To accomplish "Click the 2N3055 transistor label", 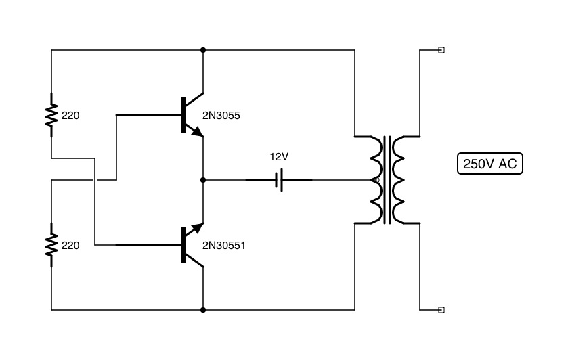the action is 221,116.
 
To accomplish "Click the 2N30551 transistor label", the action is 224,245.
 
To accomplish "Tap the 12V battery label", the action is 279,156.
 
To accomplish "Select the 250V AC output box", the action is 490,164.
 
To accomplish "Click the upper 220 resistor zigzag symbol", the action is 51,115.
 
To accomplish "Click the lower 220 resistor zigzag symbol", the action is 51,244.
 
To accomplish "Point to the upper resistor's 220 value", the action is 70,116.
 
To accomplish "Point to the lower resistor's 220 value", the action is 70,245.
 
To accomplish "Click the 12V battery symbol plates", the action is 279,179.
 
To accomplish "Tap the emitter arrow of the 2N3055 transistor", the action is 197,132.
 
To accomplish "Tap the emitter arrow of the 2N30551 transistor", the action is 197,228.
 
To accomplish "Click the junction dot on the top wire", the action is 203,50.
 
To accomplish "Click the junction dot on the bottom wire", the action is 203,310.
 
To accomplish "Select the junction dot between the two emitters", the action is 203,180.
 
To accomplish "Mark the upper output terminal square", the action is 441,50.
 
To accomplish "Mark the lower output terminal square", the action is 441,310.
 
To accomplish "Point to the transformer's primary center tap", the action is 374,180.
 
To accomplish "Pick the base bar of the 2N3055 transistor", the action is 183,115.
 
